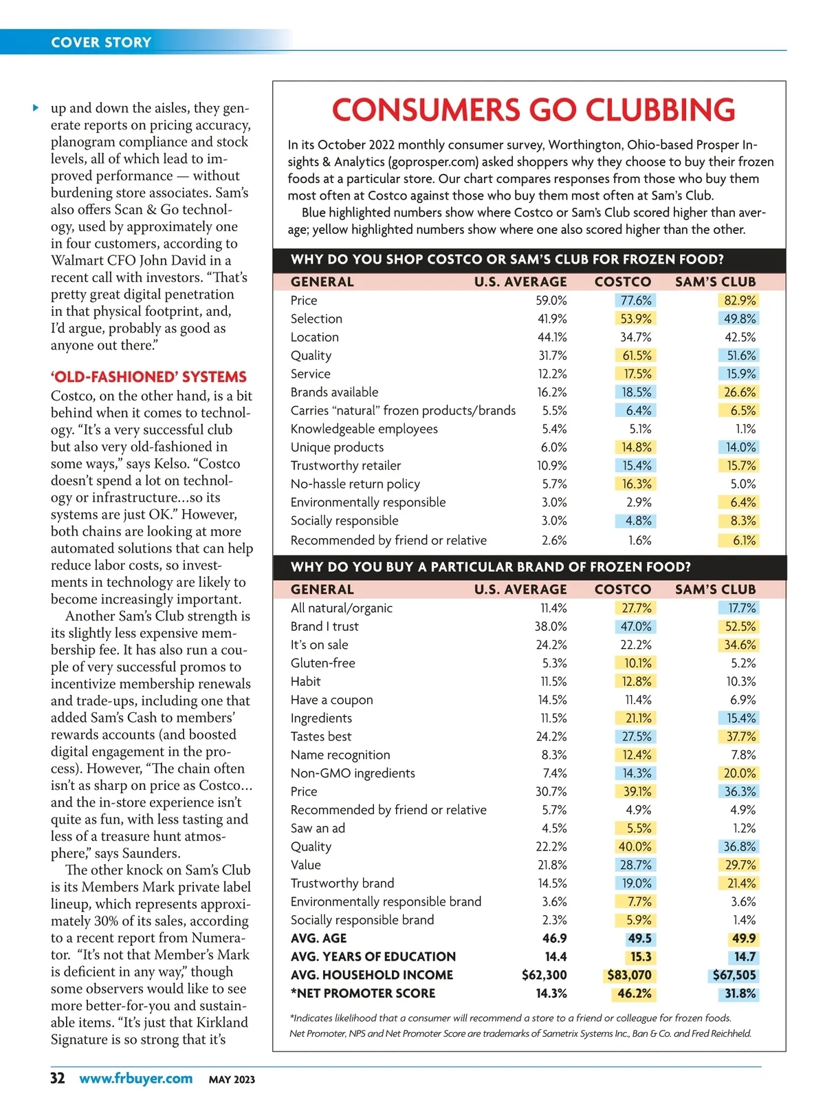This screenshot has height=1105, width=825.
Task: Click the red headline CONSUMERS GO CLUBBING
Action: click(x=533, y=110)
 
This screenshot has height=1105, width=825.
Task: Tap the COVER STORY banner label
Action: click(x=101, y=42)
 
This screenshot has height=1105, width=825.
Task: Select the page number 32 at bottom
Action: click(x=58, y=1077)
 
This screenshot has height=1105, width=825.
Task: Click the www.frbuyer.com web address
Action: click(x=135, y=1078)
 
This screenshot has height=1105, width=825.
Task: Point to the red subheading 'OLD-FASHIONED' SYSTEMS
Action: click(x=148, y=377)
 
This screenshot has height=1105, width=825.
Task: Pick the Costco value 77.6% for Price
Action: click(x=636, y=301)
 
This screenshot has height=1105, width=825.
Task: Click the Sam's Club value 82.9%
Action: click(x=740, y=301)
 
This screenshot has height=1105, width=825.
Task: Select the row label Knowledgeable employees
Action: click(x=364, y=429)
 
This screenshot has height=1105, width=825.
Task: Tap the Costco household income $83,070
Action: click(x=629, y=975)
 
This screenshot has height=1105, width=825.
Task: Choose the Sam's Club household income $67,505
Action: click(x=734, y=975)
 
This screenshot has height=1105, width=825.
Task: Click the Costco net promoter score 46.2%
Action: click(x=634, y=994)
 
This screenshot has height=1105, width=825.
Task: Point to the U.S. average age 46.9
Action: click(x=554, y=938)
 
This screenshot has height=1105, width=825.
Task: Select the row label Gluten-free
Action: click(x=323, y=663)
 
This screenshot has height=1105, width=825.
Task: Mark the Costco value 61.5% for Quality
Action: click(x=637, y=356)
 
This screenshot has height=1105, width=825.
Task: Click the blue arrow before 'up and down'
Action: click(x=36, y=107)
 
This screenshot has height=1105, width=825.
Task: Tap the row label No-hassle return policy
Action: click(x=355, y=484)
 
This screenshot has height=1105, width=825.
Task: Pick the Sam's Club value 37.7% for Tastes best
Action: click(x=740, y=736)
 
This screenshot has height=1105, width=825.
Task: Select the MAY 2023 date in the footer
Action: click(x=232, y=1080)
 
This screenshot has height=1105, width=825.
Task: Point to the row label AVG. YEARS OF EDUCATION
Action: click(x=373, y=956)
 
